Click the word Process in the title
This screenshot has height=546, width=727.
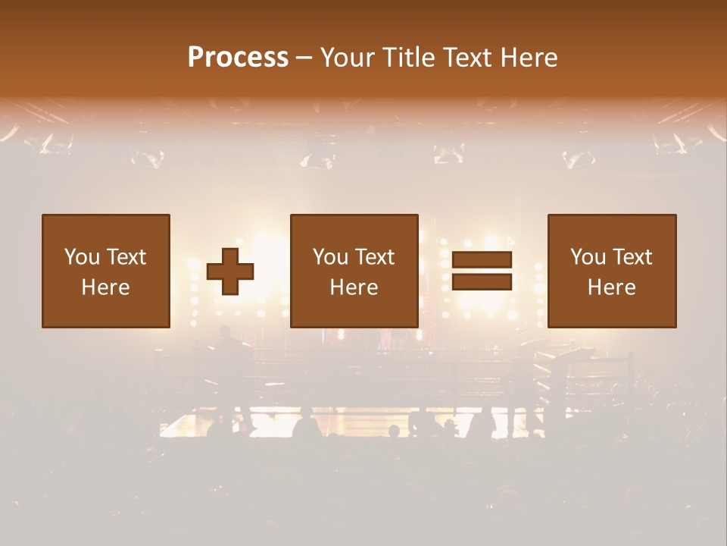tap(238, 58)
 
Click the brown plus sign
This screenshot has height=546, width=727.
tap(230, 271)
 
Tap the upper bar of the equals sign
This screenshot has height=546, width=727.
tap(482, 259)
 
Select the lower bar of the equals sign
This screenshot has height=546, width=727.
tap(482, 282)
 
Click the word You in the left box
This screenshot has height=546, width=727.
tap(81, 257)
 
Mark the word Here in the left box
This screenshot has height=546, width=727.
tap(105, 287)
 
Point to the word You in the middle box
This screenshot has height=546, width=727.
tap(329, 257)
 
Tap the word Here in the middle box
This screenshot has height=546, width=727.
tap(354, 287)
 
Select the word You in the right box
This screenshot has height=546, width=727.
tap(587, 257)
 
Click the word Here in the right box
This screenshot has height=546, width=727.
tap(611, 287)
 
